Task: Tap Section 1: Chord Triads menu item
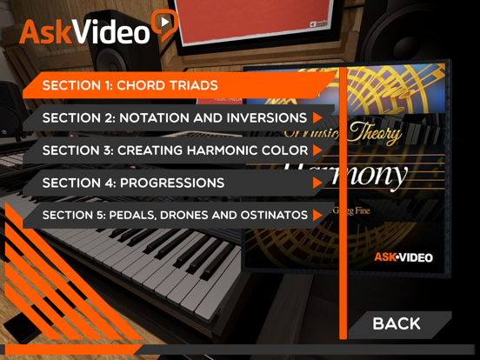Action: click(130, 85)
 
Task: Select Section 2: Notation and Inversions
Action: click(174, 117)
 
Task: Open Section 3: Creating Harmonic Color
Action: click(174, 150)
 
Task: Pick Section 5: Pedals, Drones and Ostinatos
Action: click(174, 215)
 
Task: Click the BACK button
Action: click(397, 323)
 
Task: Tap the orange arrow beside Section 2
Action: click(318, 117)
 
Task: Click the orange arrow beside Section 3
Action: click(318, 150)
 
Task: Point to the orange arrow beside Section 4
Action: click(318, 183)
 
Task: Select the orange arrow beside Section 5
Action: click(318, 215)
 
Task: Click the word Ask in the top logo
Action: click(43, 33)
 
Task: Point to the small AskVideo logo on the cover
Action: click(403, 257)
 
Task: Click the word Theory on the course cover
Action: click(374, 133)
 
